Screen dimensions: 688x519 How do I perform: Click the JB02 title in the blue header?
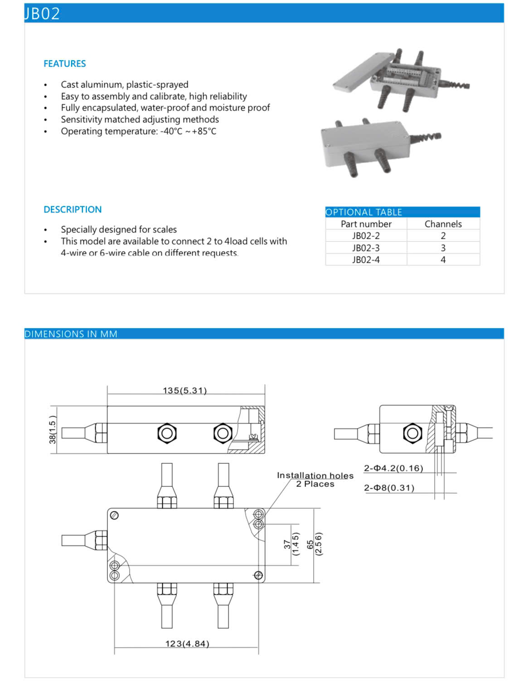[x=42, y=14]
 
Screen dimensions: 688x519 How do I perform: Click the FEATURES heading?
[x=64, y=64]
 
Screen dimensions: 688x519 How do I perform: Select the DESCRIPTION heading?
[x=73, y=210]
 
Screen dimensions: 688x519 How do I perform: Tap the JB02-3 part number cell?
[x=366, y=248]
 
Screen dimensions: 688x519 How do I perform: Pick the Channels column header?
[x=443, y=224]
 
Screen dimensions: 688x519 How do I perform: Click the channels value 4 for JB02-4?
[x=443, y=260]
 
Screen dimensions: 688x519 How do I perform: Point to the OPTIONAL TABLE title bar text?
[x=364, y=212]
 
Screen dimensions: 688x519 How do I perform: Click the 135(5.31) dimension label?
[x=185, y=390]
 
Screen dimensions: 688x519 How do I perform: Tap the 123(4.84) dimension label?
[x=187, y=644]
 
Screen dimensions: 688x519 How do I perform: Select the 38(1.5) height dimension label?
[x=53, y=429]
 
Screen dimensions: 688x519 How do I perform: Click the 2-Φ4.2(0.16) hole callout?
[x=393, y=468]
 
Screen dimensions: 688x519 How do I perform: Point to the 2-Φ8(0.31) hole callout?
[x=389, y=488]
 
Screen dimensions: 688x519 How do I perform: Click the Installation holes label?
[x=315, y=476]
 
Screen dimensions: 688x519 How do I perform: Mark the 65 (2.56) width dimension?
[x=314, y=544]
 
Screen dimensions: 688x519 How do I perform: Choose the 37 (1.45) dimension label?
[x=291, y=544]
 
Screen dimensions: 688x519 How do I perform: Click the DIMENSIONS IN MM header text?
[x=71, y=334]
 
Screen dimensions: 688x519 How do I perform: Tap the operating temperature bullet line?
[x=138, y=131]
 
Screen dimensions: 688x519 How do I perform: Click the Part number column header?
[x=366, y=224]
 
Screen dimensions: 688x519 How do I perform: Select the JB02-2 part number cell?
[x=366, y=236]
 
